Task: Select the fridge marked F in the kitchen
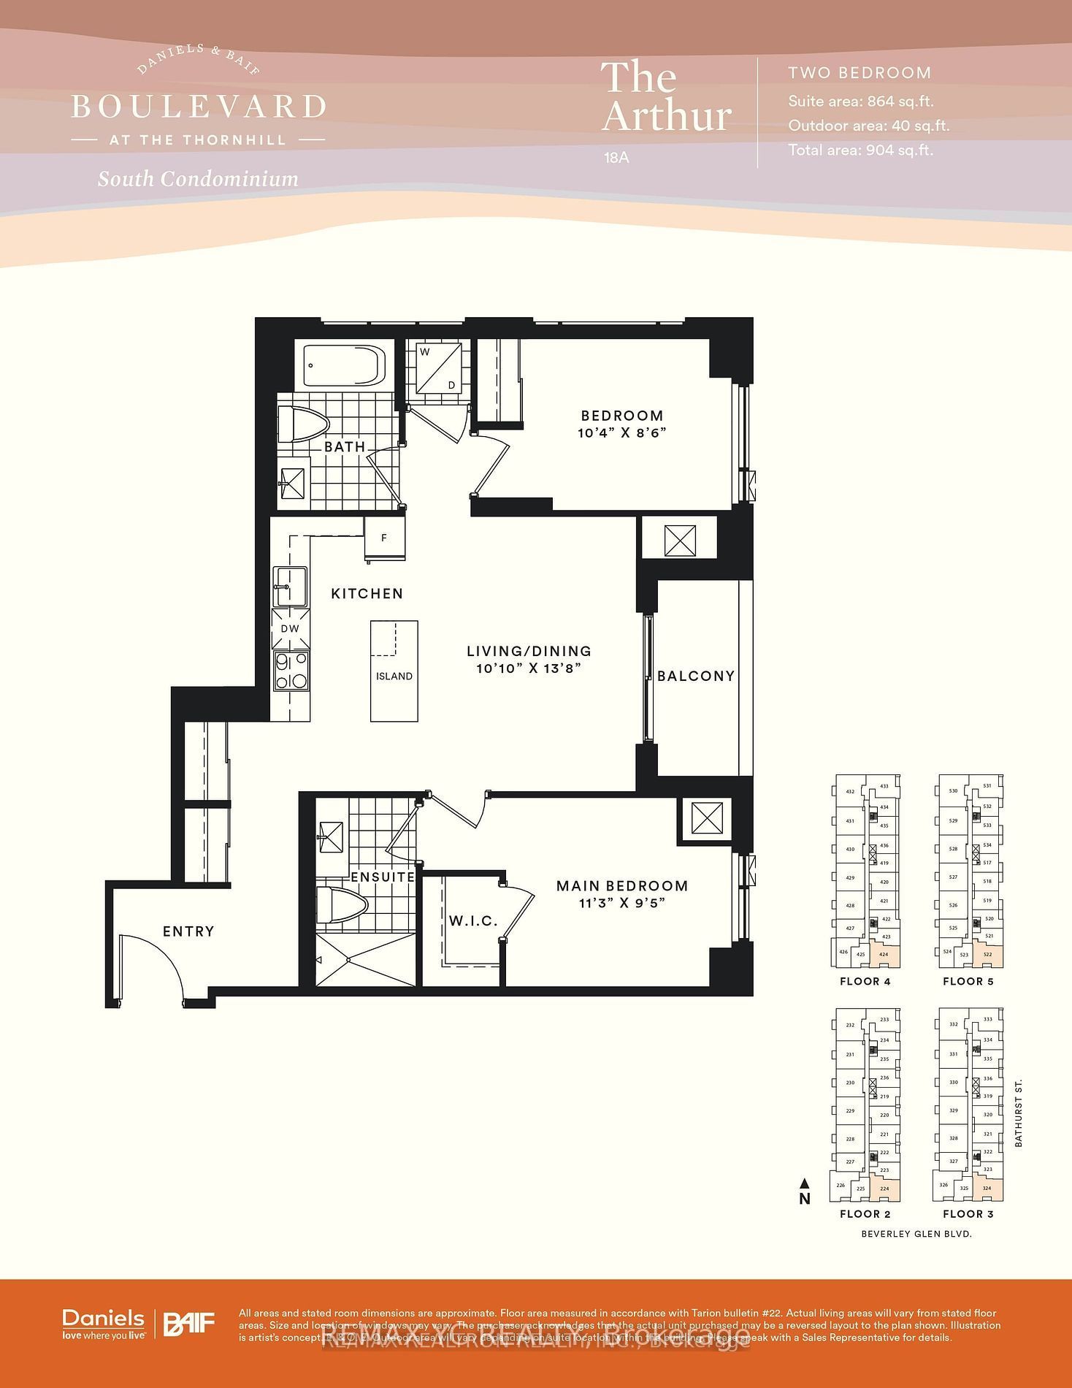coord(384,538)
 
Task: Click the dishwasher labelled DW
coord(290,628)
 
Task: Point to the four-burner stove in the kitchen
coord(291,671)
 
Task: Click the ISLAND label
coord(394,676)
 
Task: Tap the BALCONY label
coord(696,676)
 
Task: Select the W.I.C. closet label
coord(473,921)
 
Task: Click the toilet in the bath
coord(303,424)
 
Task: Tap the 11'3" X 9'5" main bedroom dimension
coord(622,903)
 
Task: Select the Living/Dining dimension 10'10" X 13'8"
coord(529,668)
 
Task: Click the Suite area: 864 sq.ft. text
coord(860,102)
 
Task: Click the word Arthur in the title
coord(666,116)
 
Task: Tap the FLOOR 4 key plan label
coord(865,981)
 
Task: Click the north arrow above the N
coord(804,1183)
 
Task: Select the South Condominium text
coord(198,179)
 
